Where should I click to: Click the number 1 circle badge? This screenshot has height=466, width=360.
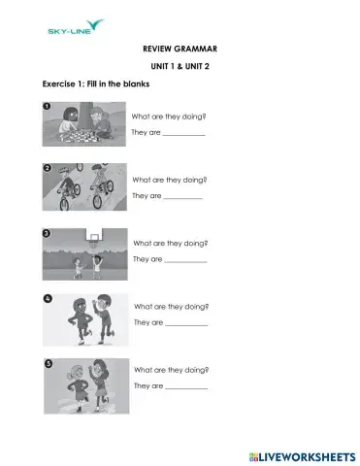47,105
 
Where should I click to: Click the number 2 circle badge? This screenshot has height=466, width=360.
47,168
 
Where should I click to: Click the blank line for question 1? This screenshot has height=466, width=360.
183,135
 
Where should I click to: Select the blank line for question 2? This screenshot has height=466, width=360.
181,198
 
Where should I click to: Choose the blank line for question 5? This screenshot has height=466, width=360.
186,388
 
